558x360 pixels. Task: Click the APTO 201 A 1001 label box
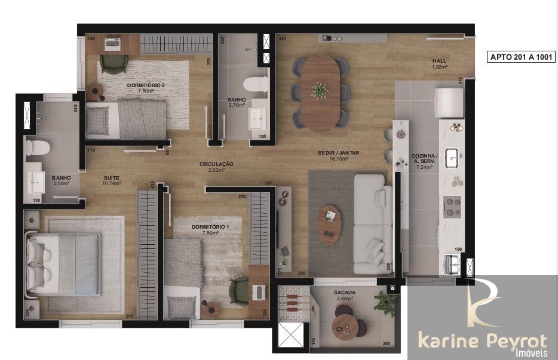click(522, 57)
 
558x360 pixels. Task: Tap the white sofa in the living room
click(370, 220)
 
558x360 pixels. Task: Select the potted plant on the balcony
click(385, 304)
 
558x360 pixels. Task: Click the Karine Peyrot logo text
click(482, 341)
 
